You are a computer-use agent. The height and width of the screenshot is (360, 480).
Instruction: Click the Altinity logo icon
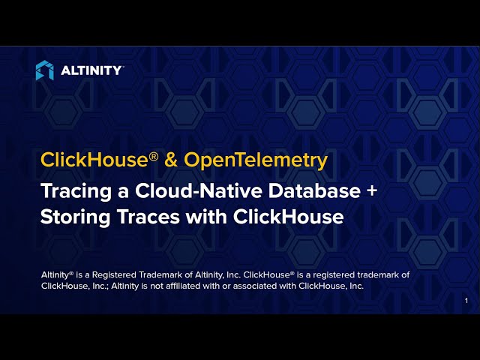click(44, 70)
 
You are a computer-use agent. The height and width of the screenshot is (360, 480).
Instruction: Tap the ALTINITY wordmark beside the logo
click(91, 70)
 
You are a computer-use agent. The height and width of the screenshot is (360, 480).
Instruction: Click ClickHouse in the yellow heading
click(87, 160)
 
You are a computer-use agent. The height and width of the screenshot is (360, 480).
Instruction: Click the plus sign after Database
click(371, 190)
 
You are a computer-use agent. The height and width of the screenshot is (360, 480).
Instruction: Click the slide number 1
click(466, 301)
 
